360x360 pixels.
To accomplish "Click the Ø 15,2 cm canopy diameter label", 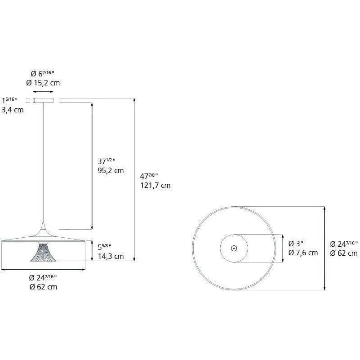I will (43, 83).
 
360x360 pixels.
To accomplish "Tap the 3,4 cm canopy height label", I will (13, 110).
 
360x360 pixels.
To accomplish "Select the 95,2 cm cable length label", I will (111, 170).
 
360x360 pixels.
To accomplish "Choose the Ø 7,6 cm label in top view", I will (303, 253).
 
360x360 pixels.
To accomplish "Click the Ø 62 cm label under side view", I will (43, 287).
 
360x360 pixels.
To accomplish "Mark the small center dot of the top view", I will (234, 248).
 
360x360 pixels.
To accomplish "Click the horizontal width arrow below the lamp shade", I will (43, 270).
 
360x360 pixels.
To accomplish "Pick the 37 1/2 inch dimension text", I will (107, 161).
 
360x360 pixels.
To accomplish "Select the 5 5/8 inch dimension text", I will (104, 246).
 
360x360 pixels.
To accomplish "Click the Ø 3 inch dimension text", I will (297, 244).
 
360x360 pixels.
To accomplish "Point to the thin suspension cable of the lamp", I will (44, 162).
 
